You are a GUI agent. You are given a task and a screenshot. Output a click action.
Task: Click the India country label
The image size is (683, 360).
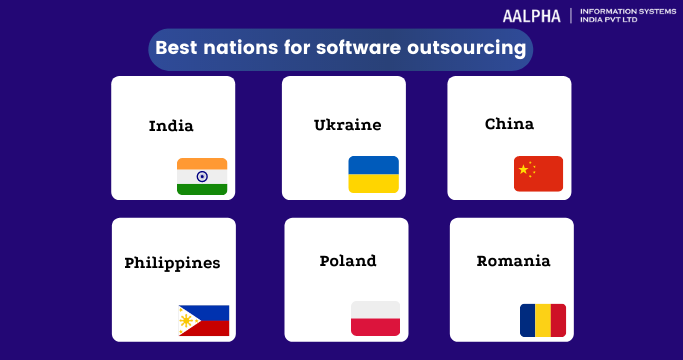pyautogui.click(x=171, y=126)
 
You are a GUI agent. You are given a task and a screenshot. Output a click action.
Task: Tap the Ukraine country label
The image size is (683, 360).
pyautogui.click(x=347, y=125)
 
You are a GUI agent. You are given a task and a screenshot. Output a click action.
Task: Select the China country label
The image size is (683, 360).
pyautogui.click(x=509, y=124)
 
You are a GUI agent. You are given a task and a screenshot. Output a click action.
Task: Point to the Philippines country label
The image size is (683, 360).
pyautogui.click(x=172, y=263)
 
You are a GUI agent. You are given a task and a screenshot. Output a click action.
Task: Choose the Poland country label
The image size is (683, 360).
pyautogui.click(x=348, y=261)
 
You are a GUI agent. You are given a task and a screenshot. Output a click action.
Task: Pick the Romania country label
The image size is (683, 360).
pyautogui.click(x=513, y=261)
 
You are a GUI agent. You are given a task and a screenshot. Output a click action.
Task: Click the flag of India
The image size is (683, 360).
pyautogui.click(x=202, y=176)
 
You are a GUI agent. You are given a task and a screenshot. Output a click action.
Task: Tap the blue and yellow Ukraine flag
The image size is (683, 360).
pyautogui.click(x=373, y=175)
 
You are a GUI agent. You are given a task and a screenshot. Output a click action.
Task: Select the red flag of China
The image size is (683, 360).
pyautogui.click(x=538, y=174)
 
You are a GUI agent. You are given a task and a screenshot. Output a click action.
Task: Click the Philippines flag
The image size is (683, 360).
pyautogui.click(x=203, y=320)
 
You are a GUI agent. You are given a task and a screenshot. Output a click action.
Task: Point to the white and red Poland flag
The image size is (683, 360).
pyautogui.click(x=375, y=318)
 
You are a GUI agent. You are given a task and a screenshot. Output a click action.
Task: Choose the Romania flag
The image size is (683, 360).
pyautogui.click(x=542, y=320)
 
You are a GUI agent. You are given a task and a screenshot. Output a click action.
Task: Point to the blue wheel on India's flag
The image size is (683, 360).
pyautogui.click(x=202, y=176)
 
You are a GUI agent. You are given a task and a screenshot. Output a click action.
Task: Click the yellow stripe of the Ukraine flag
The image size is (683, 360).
pyautogui.click(x=373, y=184)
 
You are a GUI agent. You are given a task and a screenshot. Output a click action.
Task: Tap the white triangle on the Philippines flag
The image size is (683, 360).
pyautogui.click(x=187, y=320)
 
